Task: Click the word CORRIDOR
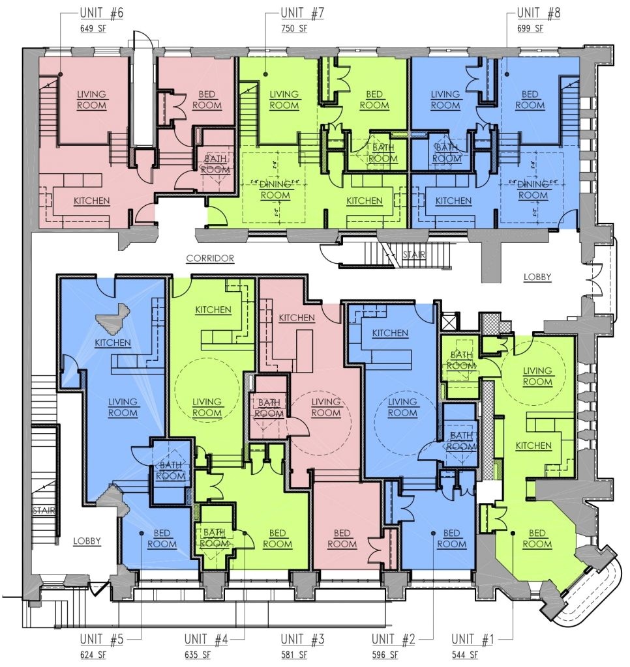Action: coord(210,259)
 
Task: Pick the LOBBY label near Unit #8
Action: coord(537,277)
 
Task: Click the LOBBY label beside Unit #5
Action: coord(87,541)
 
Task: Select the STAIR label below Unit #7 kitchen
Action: coord(413,255)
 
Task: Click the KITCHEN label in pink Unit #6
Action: coord(91,201)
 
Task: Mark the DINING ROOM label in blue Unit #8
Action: coord(533,190)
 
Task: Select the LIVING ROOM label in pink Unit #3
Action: coord(326,407)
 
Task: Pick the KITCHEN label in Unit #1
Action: coord(533,446)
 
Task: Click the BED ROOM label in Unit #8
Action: coord(530,99)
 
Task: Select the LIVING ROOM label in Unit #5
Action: coord(123,407)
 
